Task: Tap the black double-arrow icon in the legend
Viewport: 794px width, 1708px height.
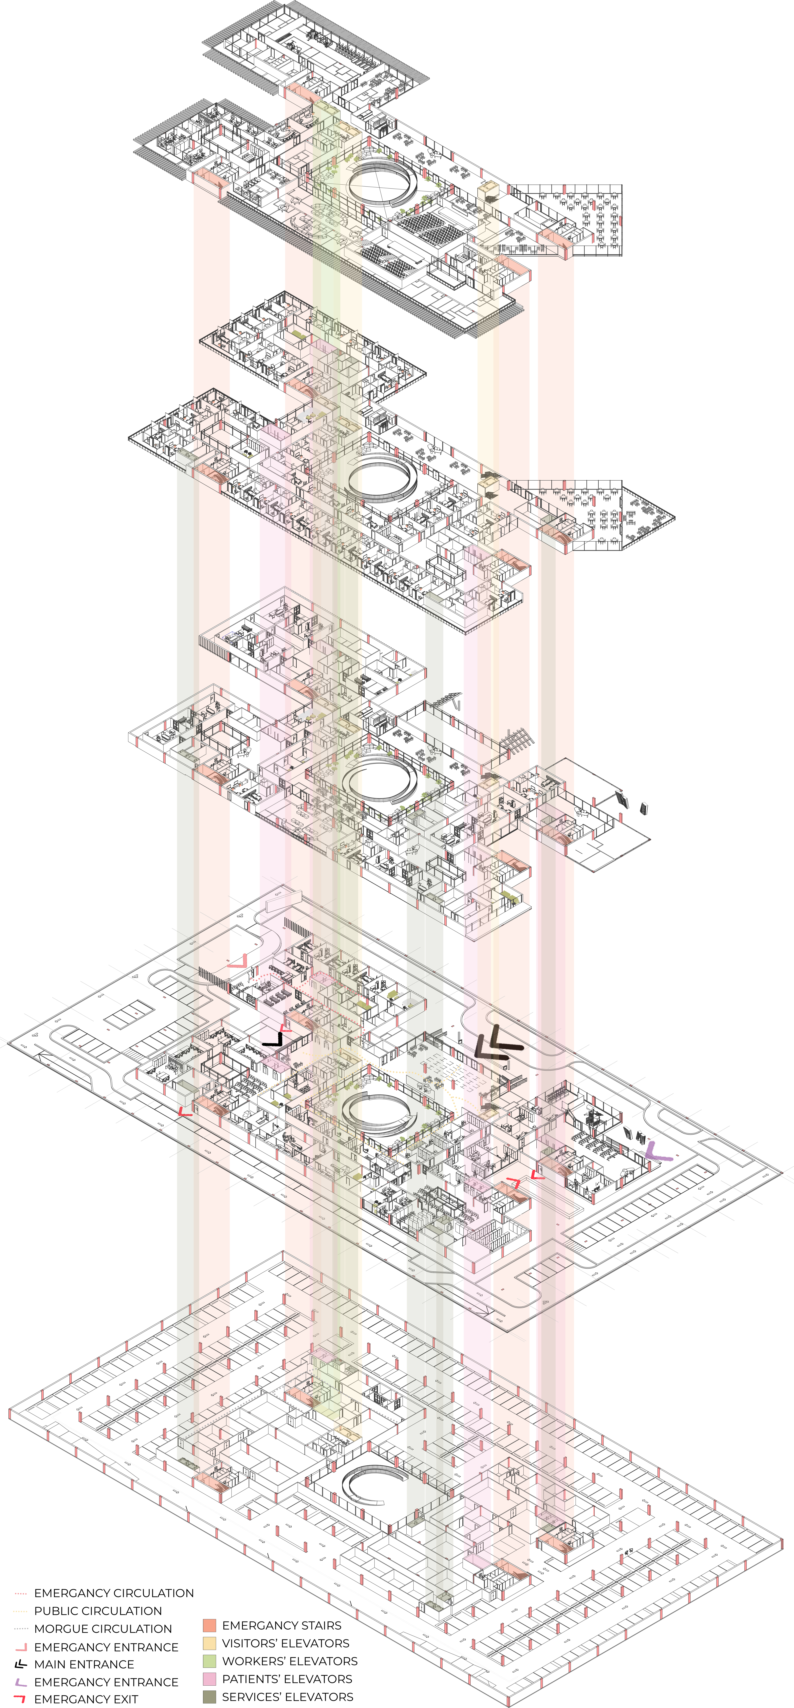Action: (21, 1664)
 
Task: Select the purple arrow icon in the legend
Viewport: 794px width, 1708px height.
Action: (21, 1682)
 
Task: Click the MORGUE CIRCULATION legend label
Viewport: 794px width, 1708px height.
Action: (103, 1628)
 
